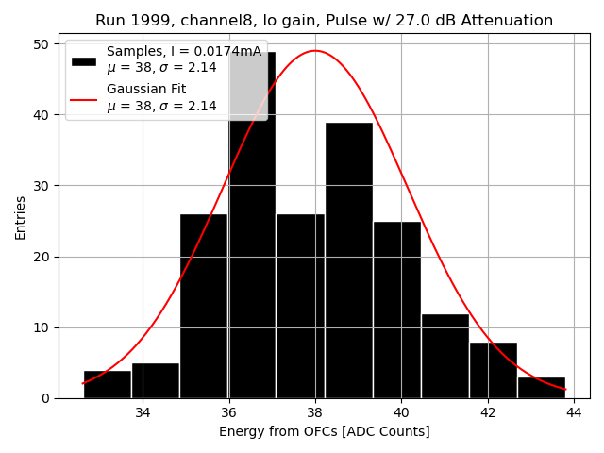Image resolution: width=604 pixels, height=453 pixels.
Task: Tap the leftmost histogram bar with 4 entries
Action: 107,384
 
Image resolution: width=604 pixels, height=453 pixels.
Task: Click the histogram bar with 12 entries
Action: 445,356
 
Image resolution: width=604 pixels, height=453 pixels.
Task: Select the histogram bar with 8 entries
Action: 493,370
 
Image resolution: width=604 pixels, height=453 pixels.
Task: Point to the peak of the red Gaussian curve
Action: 315,51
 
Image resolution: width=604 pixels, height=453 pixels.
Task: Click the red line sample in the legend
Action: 84,98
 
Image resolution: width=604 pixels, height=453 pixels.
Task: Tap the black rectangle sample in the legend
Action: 84,59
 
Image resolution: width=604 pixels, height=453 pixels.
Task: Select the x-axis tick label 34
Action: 143,412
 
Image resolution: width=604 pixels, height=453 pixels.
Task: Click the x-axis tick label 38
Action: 315,412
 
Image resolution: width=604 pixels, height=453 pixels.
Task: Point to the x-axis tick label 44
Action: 574,412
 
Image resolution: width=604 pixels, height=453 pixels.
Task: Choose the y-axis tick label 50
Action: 42,44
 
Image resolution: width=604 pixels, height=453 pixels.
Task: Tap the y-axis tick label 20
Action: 42,257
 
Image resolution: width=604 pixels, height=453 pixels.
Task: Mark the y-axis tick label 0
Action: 45,398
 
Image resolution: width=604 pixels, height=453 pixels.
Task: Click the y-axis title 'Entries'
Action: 21,218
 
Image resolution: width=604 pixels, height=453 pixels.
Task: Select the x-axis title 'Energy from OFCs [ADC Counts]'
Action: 324,432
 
